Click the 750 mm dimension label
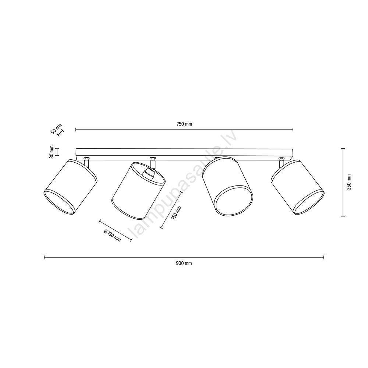[x=184, y=124]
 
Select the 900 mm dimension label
[x=184, y=263]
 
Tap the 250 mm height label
[x=349, y=182]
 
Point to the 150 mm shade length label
[x=177, y=213]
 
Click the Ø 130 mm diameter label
[x=112, y=235]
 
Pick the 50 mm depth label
[x=56, y=128]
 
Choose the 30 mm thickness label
[x=52, y=152]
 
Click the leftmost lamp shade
[x=70, y=187]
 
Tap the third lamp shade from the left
[x=228, y=186]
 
